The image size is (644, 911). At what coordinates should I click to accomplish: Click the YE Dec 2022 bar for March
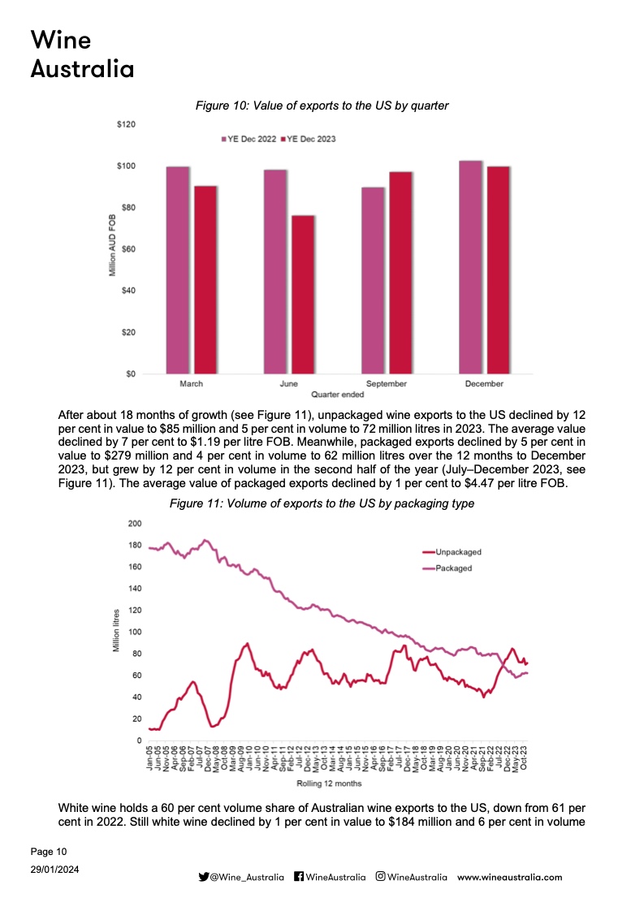point(178,270)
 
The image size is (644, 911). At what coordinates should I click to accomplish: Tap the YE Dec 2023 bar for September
point(401,272)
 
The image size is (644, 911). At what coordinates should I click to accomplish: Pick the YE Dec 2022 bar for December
point(471,267)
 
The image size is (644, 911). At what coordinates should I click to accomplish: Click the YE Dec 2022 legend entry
point(251,139)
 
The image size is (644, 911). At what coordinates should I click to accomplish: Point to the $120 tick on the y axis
point(126,124)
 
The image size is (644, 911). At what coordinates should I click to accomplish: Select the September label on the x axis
point(386,383)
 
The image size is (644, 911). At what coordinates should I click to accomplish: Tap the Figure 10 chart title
point(322,106)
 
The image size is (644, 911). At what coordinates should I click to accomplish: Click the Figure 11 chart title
point(322,504)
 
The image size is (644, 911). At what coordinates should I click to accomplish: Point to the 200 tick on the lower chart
point(135,523)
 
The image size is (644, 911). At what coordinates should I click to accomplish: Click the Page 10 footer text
point(49,852)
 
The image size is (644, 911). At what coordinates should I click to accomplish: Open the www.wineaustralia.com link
point(509,877)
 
